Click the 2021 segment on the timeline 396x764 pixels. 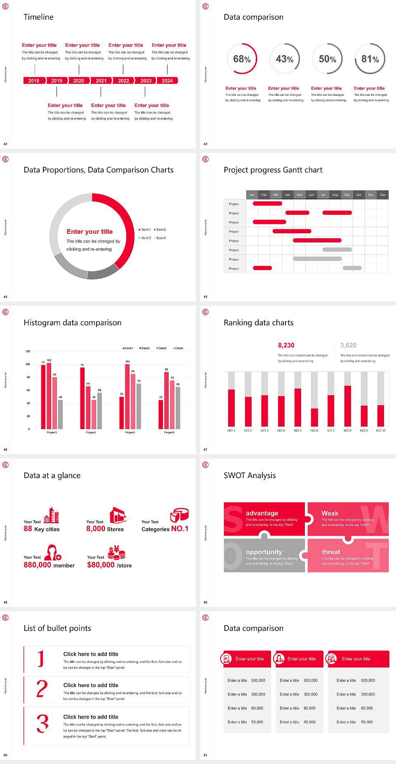click(101, 81)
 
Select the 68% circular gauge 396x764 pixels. click(242, 59)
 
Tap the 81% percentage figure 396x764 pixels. click(370, 59)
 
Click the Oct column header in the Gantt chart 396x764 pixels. click(359, 195)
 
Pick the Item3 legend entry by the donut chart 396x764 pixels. click(145, 238)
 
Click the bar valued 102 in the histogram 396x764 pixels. click(49, 394)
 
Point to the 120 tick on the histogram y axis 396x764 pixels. click(28, 351)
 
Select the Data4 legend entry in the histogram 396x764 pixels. click(178, 348)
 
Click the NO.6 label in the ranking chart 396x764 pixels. click(314, 430)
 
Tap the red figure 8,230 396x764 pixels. click(286, 345)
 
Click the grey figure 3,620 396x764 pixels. click(348, 345)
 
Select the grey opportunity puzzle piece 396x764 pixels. click(264, 555)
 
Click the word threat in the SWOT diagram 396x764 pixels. click(331, 552)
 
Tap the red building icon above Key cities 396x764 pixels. click(52, 515)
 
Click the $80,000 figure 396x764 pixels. click(101, 565)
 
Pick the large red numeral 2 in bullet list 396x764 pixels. click(42, 689)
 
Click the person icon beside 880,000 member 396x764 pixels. click(53, 552)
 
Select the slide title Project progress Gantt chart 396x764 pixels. click(273, 170)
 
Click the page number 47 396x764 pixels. click(205, 449)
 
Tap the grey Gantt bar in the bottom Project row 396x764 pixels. click(352, 268)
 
